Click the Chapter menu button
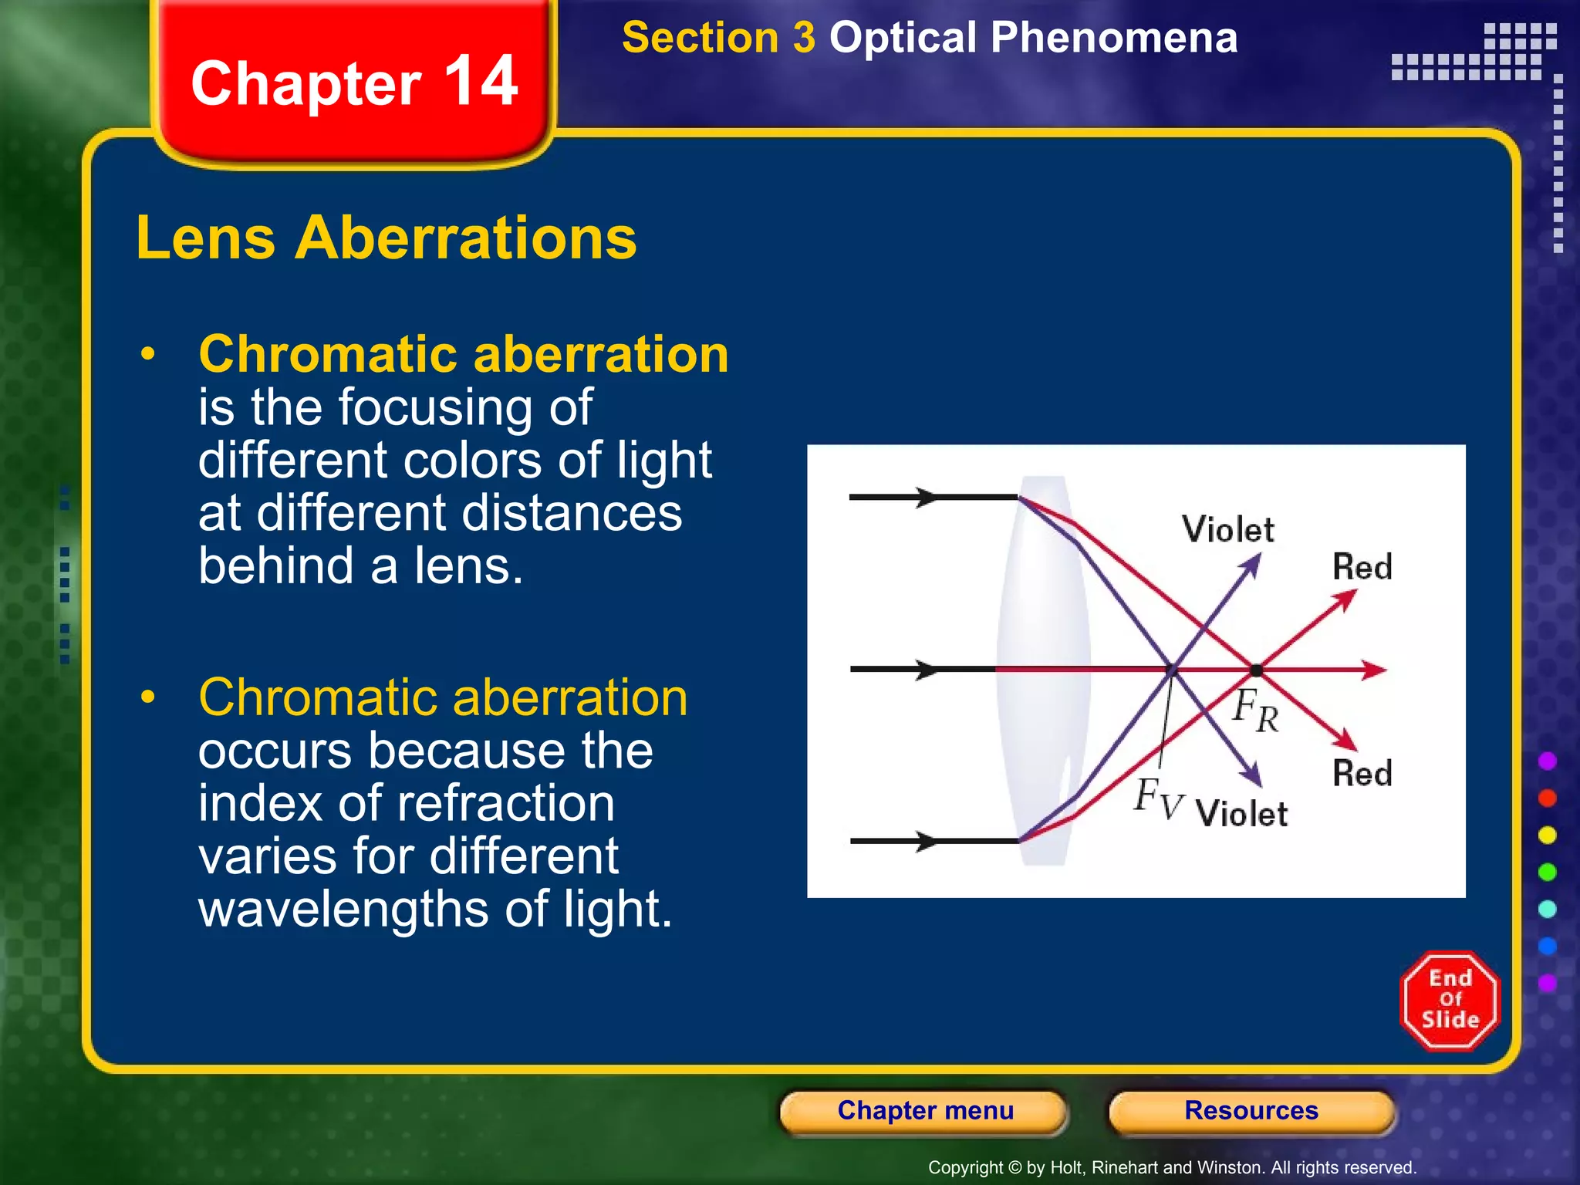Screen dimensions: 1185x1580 coord(924,1111)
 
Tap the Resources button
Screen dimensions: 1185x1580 coord(1251,1111)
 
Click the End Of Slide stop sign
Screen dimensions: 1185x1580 coord(1450,1001)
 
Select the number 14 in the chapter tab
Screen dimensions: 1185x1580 coord(481,82)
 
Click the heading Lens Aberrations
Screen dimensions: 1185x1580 coord(387,238)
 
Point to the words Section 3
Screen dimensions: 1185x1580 coord(718,38)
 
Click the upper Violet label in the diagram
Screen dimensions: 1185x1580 coord(1227,530)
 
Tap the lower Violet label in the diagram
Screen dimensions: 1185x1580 coord(1241,814)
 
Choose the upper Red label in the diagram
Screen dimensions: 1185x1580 coord(1362,567)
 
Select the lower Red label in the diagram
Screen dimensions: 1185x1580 coord(1362,773)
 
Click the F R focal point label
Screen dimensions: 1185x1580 coord(1255,710)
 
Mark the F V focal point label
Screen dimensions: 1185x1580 coord(1157,798)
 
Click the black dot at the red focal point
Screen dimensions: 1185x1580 coord(1256,670)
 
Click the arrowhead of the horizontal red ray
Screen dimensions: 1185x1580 coord(1374,670)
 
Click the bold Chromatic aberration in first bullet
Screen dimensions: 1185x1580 coord(463,354)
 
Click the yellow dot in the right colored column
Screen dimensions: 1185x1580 coord(1547,836)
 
